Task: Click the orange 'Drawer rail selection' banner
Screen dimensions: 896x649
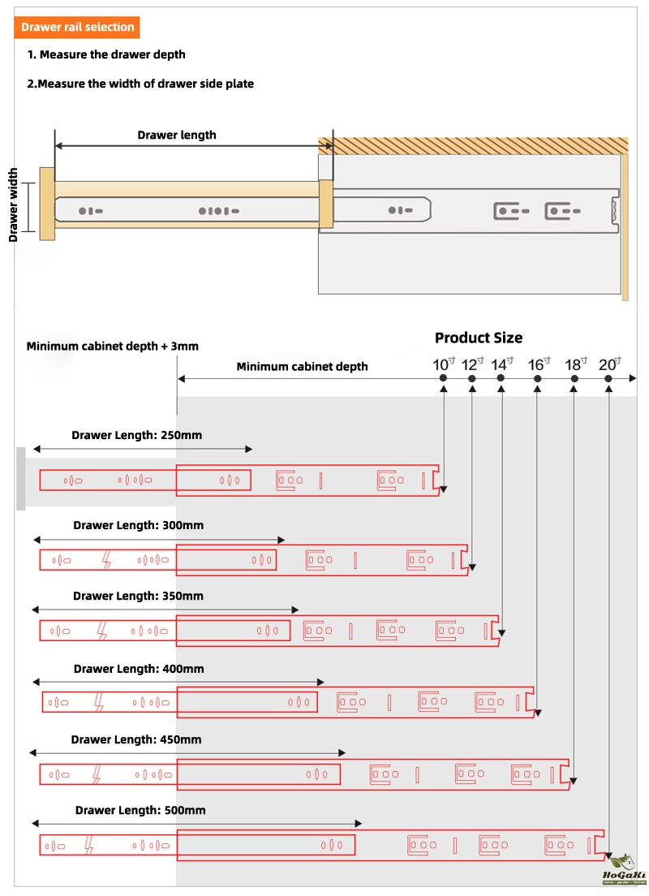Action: coord(78,27)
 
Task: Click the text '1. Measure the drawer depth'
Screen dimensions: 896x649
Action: coord(106,54)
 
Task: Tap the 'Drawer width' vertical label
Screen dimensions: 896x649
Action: coord(14,205)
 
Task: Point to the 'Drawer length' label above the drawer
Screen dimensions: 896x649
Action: coord(177,135)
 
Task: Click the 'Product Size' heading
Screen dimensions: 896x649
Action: coord(479,338)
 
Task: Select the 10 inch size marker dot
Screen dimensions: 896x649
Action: coord(443,379)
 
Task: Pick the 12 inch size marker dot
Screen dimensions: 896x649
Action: coord(472,379)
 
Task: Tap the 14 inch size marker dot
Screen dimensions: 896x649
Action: coord(501,379)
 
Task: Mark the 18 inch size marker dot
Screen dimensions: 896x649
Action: coord(574,379)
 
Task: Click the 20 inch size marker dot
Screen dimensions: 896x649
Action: coord(609,379)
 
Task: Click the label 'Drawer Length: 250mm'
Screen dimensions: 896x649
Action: coord(136,435)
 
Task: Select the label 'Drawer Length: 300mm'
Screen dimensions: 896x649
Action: coord(138,525)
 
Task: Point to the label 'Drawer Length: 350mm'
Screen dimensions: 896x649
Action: coord(138,596)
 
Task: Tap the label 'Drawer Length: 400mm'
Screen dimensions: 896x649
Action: coord(139,669)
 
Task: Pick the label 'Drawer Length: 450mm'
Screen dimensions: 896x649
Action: coord(136,739)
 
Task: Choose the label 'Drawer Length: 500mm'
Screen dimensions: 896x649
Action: coord(140,810)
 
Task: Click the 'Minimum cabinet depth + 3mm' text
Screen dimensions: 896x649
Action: coord(112,346)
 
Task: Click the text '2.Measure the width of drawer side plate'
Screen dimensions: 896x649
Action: coord(140,84)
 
